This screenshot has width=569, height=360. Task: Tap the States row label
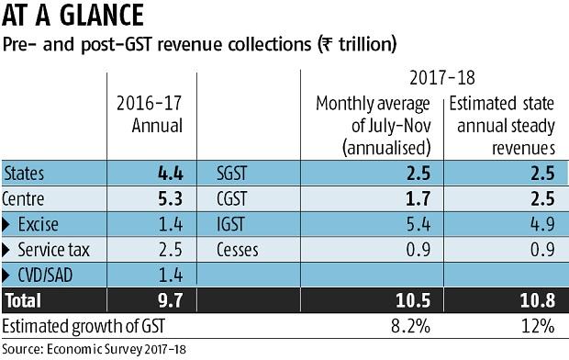point(27,172)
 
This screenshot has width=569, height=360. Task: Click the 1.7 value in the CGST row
point(418,197)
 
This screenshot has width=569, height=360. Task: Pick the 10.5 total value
point(413,298)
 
